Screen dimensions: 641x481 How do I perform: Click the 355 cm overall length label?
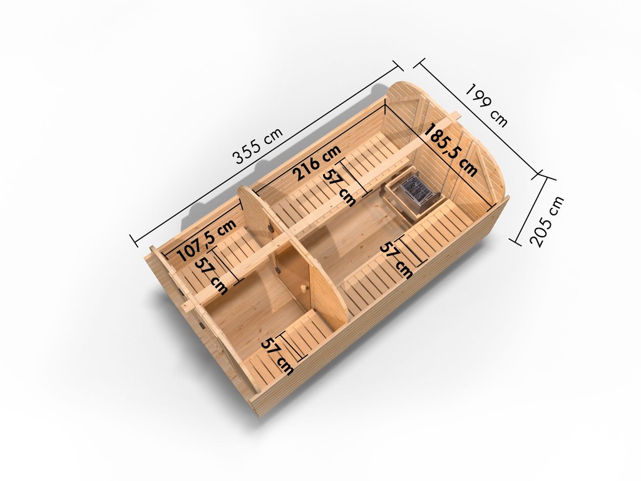coord(257,145)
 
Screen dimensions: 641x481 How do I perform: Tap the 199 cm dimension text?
coord(487,105)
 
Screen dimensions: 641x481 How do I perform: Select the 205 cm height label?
coord(546,221)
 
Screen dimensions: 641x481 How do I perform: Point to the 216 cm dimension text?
coord(317,162)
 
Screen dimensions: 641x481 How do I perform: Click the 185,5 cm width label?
coord(451,150)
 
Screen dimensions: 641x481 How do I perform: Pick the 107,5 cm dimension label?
coord(207,240)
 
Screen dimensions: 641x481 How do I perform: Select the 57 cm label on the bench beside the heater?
coord(396,260)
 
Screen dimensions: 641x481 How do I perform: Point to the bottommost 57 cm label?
coord(277,356)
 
